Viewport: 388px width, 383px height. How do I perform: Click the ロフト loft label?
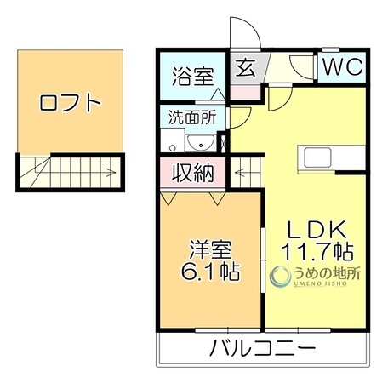tap(70, 103)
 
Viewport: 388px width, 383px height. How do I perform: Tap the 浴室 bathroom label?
tap(193, 76)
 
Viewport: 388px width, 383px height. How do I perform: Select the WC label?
tap(343, 66)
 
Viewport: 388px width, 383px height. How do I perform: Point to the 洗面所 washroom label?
tap(192, 117)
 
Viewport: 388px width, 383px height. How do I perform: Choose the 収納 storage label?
tap(193, 173)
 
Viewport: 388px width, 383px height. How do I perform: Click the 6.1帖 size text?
tap(210, 272)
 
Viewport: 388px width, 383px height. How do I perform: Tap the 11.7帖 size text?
tap(317, 251)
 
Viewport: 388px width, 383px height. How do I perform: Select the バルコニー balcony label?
tap(263, 347)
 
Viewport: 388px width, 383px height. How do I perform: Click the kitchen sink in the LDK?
tap(317, 157)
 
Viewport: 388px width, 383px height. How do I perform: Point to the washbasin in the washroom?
tap(201, 143)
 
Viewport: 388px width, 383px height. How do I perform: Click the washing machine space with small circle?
tap(173, 140)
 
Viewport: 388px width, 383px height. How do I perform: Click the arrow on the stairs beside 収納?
tap(240, 172)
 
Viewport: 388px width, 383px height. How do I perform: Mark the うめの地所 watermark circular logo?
tap(281, 276)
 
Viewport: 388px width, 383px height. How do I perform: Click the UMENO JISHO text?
tap(320, 283)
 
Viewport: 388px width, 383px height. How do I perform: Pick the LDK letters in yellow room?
tap(317, 229)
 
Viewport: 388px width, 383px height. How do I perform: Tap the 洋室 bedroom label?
tap(210, 249)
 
